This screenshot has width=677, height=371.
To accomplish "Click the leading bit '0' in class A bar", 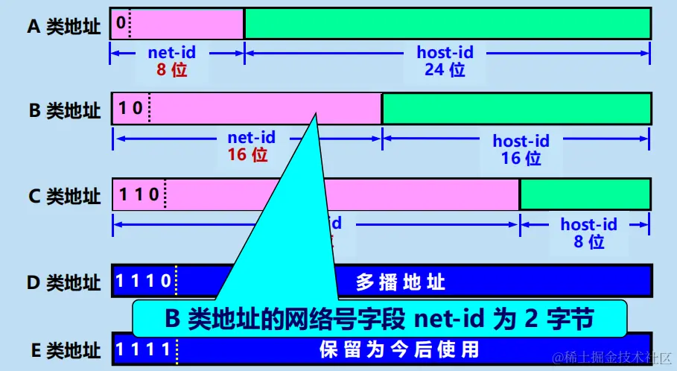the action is [x=120, y=23].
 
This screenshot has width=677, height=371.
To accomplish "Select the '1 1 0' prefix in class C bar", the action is [x=139, y=194].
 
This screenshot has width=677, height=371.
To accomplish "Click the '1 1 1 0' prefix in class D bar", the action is [x=145, y=282].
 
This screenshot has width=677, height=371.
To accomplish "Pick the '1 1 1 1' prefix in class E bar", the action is [x=145, y=349].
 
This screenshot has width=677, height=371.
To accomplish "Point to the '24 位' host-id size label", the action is [x=445, y=71].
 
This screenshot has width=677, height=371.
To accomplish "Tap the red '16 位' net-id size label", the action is [x=247, y=155].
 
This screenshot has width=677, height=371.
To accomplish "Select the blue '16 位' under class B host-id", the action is [x=521, y=158].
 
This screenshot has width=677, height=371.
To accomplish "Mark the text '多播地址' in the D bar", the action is [x=401, y=282].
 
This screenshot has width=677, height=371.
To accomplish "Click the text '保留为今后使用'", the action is [x=398, y=349].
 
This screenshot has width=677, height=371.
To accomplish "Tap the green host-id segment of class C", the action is [x=585, y=194].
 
